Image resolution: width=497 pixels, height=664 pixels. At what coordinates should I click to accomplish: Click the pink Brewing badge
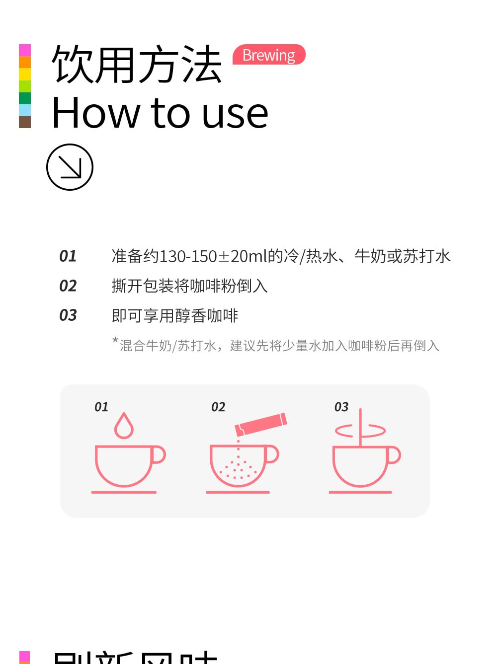[x=269, y=55]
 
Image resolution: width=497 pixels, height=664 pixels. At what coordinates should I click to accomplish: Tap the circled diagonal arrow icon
[x=70, y=167]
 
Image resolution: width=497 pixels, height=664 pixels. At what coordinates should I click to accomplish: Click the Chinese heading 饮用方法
[x=137, y=65]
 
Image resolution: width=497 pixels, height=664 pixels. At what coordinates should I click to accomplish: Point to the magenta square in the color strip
[x=25, y=50]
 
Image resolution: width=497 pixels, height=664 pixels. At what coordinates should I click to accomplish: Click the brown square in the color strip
[x=25, y=122]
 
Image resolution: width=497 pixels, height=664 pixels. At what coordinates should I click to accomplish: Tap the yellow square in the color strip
[x=25, y=74]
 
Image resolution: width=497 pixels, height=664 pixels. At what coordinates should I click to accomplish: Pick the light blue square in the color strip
[x=25, y=110]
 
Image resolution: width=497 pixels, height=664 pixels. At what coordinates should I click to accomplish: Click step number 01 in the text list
[x=68, y=256]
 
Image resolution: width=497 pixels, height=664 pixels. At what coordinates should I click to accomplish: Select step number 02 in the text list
[x=68, y=286]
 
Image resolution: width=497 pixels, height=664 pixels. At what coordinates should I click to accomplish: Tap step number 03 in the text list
[x=68, y=315]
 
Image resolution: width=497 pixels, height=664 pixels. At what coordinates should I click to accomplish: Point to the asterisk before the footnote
[x=115, y=341]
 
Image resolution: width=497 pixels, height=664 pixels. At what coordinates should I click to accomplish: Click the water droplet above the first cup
[x=124, y=427]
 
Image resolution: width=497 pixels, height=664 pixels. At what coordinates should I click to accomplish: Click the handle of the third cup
[x=394, y=455]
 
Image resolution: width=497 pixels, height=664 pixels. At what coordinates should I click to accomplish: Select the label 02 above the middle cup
[x=218, y=407]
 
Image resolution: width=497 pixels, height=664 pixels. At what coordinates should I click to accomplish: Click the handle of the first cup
[x=159, y=455]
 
